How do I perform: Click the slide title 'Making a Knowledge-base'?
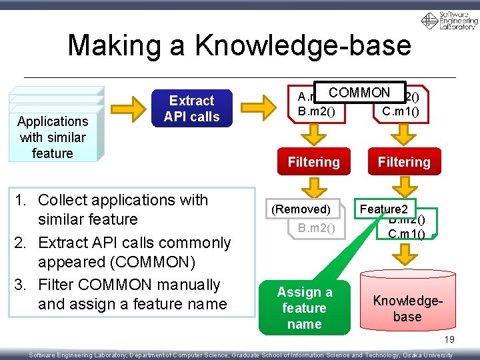tap(239, 45)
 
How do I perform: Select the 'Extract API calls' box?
tap(191, 109)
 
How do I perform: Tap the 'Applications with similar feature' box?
tap(53, 137)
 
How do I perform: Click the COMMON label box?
tap(359, 93)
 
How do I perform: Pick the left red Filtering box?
tap(313, 162)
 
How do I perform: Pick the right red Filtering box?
tap(404, 162)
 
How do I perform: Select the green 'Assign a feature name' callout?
tap(304, 308)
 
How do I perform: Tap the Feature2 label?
tap(388, 209)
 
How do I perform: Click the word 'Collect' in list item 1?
tap(62, 200)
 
